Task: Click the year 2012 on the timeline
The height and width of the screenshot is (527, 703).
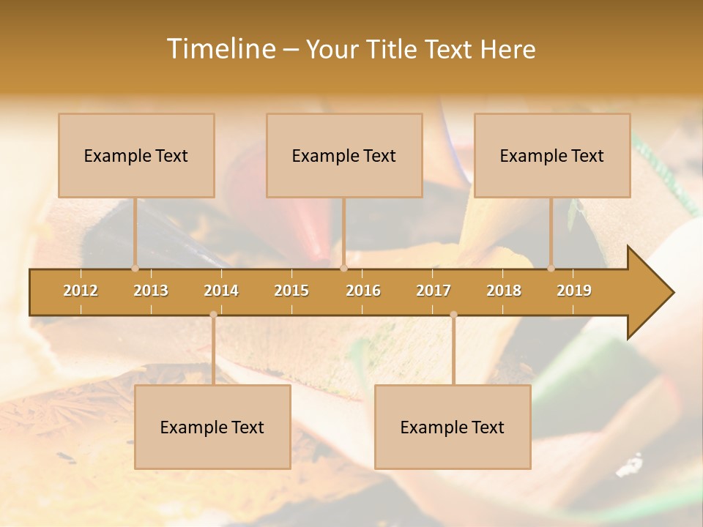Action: click(81, 291)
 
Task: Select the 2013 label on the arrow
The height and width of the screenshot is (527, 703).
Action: click(151, 291)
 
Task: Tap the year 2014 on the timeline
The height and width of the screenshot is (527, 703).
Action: click(221, 291)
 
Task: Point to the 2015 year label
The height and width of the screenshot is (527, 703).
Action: click(291, 291)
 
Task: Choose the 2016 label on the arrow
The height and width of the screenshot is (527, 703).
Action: click(363, 291)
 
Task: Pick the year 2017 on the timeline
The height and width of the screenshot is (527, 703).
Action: click(434, 291)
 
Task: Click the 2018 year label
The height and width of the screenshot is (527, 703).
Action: click(504, 291)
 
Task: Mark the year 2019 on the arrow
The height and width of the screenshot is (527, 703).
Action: click(574, 291)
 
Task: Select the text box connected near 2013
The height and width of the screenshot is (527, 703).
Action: click(136, 155)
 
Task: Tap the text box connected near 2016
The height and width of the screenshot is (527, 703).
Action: click(344, 155)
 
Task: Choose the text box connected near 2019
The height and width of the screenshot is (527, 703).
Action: click(552, 155)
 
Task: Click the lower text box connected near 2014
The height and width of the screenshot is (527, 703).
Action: click(212, 427)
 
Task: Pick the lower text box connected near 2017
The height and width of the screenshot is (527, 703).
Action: click(453, 427)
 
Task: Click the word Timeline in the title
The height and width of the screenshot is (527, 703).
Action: click(220, 49)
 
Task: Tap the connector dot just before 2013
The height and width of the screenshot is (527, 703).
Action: click(135, 268)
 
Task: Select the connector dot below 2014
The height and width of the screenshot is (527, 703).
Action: click(213, 315)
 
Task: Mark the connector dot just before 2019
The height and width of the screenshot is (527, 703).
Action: click(551, 268)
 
